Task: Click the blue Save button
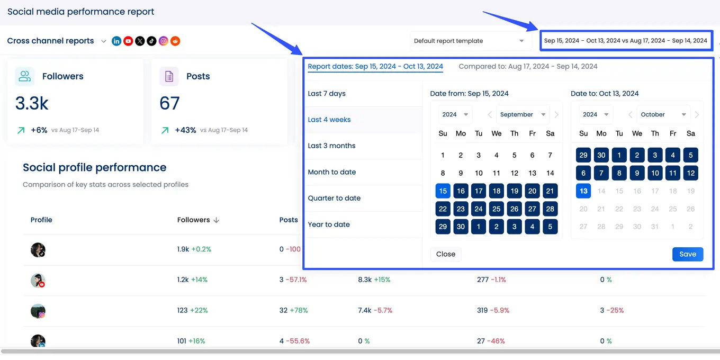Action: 688,254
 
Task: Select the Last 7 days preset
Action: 327,94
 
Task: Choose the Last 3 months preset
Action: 331,146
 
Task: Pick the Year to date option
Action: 329,224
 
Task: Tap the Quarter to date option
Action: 334,198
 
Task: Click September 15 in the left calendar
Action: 443,191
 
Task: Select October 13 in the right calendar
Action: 583,191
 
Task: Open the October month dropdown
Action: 663,114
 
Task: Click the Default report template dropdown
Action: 469,41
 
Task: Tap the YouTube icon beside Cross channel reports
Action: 128,41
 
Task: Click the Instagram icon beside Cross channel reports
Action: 164,41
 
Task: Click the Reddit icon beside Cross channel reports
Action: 175,41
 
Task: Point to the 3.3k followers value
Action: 32,103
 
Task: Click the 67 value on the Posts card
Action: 169,103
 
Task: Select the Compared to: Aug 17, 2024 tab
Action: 528,67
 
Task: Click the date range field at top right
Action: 625,41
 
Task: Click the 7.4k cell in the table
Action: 365,310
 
